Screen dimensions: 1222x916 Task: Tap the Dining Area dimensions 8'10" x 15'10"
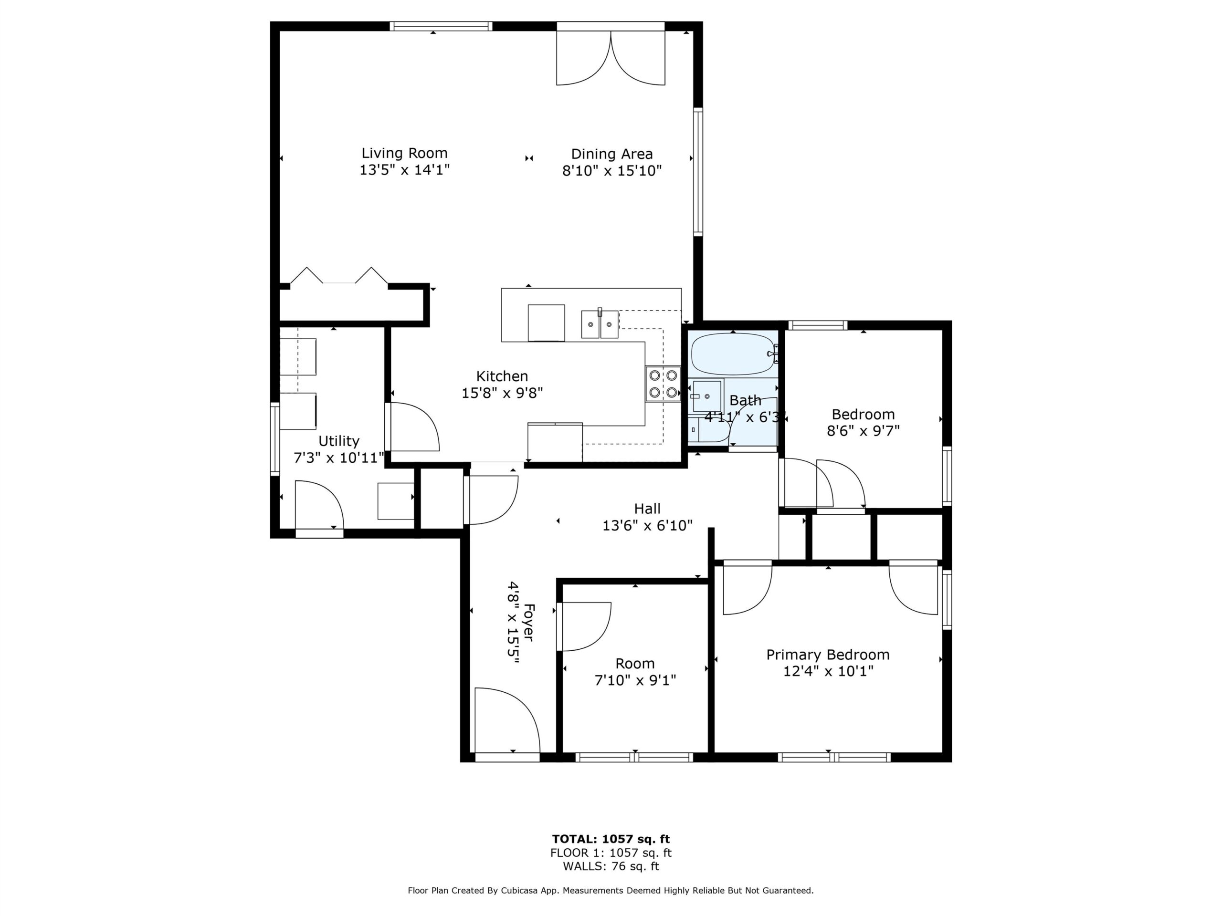pyautogui.click(x=611, y=171)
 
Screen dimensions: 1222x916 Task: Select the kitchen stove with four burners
pyautogui.click(x=663, y=384)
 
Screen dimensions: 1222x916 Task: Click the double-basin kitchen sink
pyautogui.click(x=600, y=324)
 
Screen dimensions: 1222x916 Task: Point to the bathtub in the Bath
pyautogui.click(x=733, y=354)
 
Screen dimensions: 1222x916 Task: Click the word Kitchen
pyautogui.click(x=502, y=376)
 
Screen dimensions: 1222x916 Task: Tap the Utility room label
pyautogui.click(x=338, y=441)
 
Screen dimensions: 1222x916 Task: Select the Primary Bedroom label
pyautogui.click(x=828, y=655)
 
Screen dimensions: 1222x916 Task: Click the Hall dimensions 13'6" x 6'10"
pyautogui.click(x=647, y=525)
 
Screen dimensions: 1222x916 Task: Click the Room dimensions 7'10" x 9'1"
pyautogui.click(x=635, y=680)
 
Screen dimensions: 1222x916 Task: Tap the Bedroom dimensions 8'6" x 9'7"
pyautogui.click(x=863, y=430)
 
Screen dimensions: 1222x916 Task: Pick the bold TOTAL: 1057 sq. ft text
pyautogui.click(x=611, y=839)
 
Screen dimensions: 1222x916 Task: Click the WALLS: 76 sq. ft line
pyautogui.click(x=611, y=866)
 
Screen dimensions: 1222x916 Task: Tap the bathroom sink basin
pyautogui.click(x=706, y=396)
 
